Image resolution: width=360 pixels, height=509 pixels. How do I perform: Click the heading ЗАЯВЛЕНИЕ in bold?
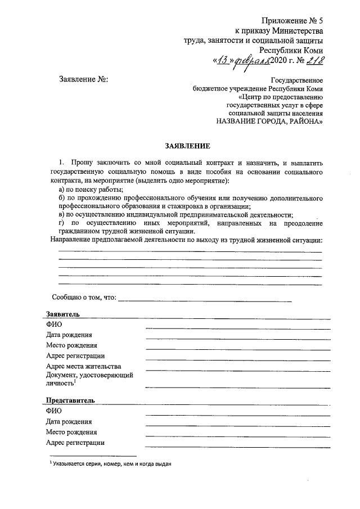pyautogui.click(x=187, y=146)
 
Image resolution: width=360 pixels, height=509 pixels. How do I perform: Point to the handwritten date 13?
pyautogui.click(x=222, y=61)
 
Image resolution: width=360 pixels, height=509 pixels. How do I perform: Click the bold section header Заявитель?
pyautogui.click(x=63, y=314)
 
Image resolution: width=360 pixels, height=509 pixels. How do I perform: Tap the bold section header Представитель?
pyautogui.click(x=70, y=400)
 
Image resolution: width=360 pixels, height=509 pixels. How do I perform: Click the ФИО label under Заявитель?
pyautogui.click(x=54, y=325)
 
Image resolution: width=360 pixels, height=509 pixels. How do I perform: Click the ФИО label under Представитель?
pyautogui.click(x=54, y=411)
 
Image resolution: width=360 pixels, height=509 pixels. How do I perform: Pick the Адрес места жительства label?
pyautogui.click(x=84, y=366)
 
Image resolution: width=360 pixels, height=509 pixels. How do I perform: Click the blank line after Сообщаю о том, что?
pyautogui.click(x=205, y=298)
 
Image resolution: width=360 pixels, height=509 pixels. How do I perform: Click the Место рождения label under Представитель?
pyautogui.click(x=71, y=432)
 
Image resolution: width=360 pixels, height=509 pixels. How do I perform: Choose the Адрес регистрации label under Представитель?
pyautogui.click(x=75, y=442)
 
